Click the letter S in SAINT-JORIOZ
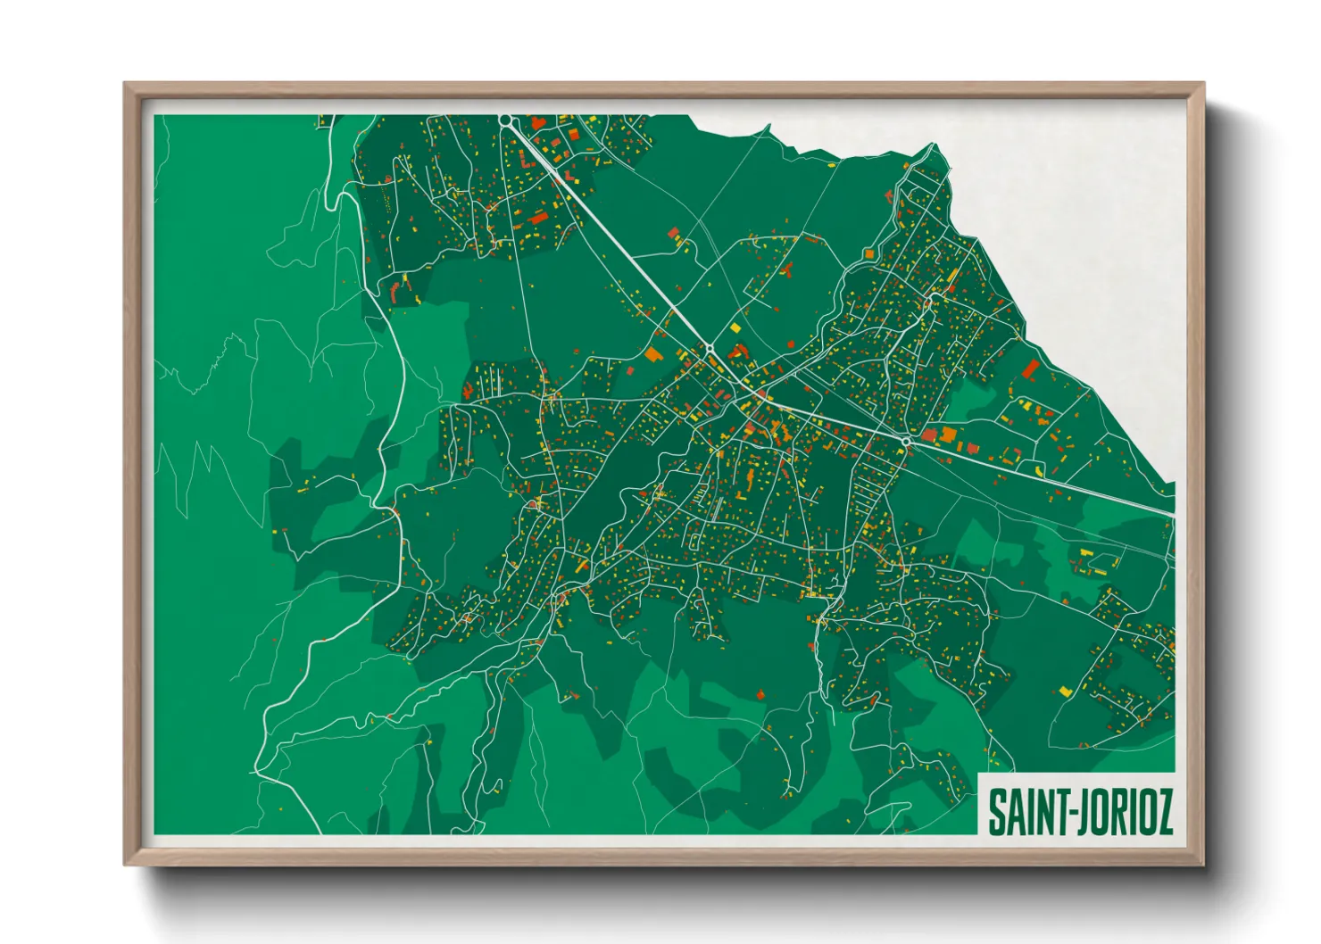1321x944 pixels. point(997,810)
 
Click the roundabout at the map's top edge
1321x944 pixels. point(505,119)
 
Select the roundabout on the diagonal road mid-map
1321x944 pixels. point(710,345)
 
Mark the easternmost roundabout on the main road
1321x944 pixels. point(906,442)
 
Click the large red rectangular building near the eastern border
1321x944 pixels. point(1031,368)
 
